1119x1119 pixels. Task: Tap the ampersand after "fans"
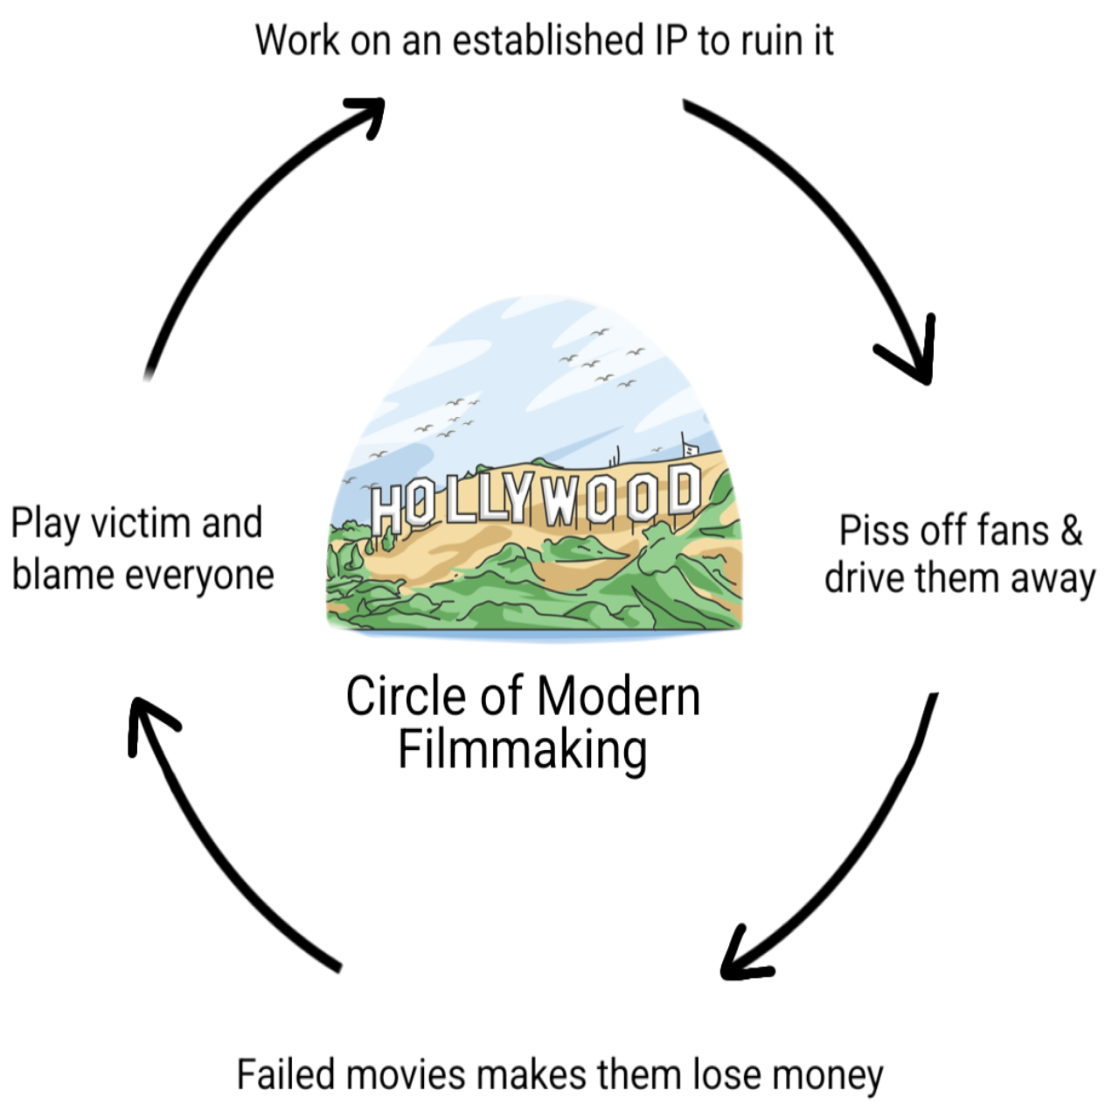click(1071, 530)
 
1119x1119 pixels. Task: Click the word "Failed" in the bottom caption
click(285, 1074)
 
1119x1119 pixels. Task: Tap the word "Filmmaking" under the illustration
click(523, 750)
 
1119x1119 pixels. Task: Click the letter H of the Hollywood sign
click(386, 508)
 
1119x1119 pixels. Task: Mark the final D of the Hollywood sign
click(684, 487)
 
